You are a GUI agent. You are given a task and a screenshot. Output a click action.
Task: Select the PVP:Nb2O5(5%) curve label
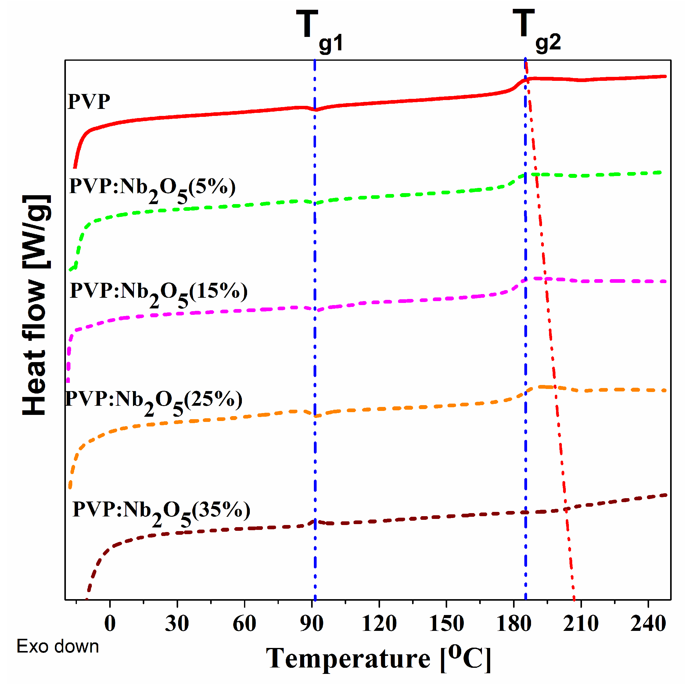[x=152, y=189]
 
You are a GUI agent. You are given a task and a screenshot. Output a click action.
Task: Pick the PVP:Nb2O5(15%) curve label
[x=159, y=293]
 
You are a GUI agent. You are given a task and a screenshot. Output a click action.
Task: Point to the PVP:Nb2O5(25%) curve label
[x=154, y=401]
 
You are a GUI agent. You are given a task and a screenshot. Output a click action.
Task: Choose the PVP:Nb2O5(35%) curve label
[x=161, y=513]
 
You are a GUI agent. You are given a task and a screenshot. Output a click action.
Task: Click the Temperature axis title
[x=379, y=659]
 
